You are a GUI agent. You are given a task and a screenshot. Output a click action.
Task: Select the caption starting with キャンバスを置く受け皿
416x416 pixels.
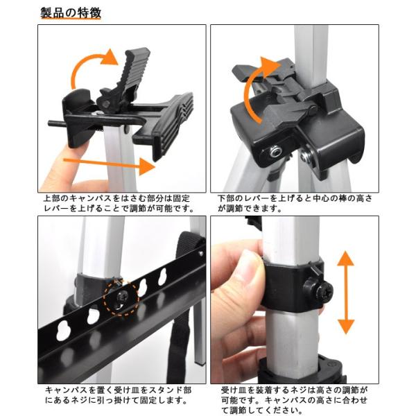(x=115, y=395)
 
